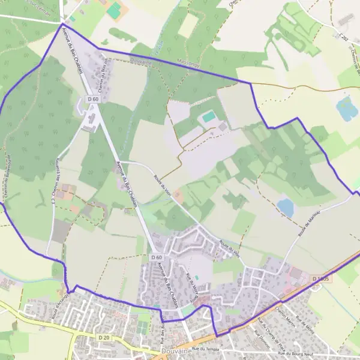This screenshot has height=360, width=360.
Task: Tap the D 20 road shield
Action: coord(103,338)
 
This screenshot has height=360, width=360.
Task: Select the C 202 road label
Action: coord(344,37)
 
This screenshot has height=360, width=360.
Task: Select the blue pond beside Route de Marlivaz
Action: coord(286,208)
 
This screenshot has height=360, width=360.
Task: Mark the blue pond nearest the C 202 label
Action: coord(346,109)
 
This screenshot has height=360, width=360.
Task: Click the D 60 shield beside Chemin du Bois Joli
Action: coord(92,98)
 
